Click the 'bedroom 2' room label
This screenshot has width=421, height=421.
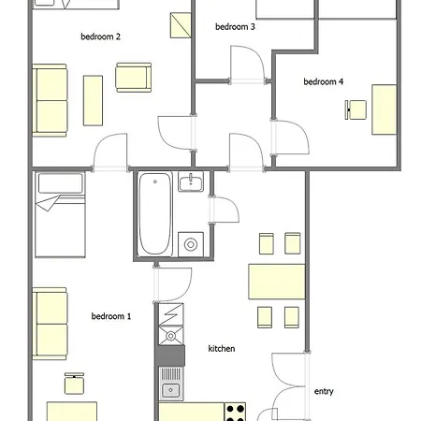100,36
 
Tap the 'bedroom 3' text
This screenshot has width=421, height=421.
235,27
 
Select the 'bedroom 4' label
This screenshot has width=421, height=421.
324,81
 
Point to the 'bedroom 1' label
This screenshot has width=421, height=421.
111,316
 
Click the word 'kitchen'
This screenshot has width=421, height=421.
222,348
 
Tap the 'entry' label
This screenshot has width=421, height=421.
324,391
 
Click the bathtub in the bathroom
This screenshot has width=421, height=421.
155,213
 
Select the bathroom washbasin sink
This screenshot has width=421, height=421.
191,181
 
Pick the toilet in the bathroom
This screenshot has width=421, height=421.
191,244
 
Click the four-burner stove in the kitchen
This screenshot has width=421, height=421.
235,412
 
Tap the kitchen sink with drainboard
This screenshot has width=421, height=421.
170,384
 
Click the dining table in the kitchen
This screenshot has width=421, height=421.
277,282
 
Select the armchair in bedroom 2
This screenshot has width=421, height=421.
134,78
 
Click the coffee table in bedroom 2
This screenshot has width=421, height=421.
93,100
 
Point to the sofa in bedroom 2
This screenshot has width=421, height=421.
50,100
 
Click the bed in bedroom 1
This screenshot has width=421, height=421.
60,215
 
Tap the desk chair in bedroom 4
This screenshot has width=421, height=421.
356,109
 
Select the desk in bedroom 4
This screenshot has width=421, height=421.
385,109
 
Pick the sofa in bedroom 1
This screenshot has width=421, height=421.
50,324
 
